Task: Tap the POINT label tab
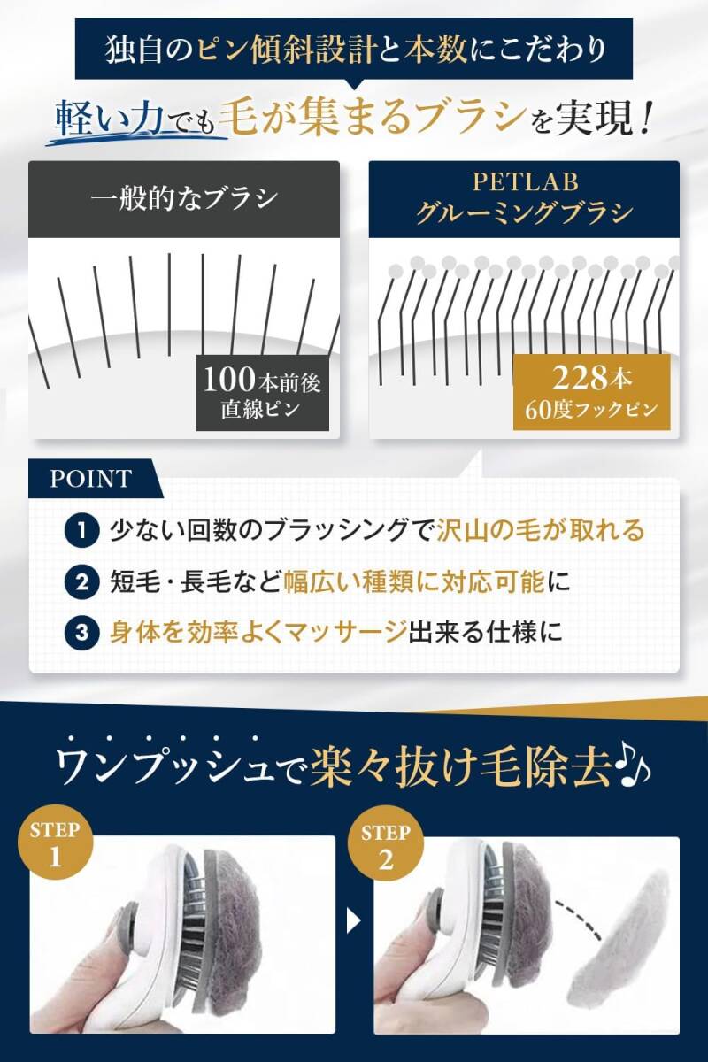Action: [x=90, y=480]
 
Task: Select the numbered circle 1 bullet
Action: [x=81, y=531]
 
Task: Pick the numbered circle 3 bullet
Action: [x=81, y=633]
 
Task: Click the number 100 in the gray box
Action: [x=232, y=380]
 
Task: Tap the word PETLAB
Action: [x=524, y=182]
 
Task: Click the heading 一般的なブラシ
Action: [x=183, y=198]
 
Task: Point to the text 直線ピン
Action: [x=261, y=412]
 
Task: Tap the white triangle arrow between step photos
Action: [x=353, y=922]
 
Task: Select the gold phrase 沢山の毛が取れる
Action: [x=541, y=531]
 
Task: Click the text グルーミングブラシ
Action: [x=524, y=213]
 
